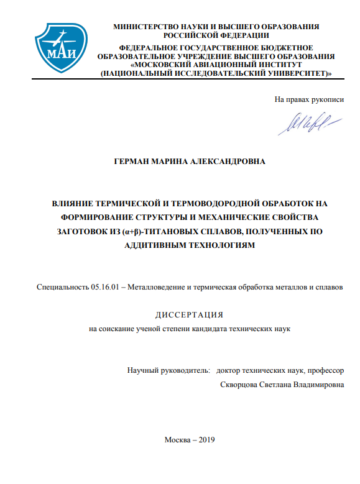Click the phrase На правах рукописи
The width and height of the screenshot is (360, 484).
(x=309, y=99)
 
